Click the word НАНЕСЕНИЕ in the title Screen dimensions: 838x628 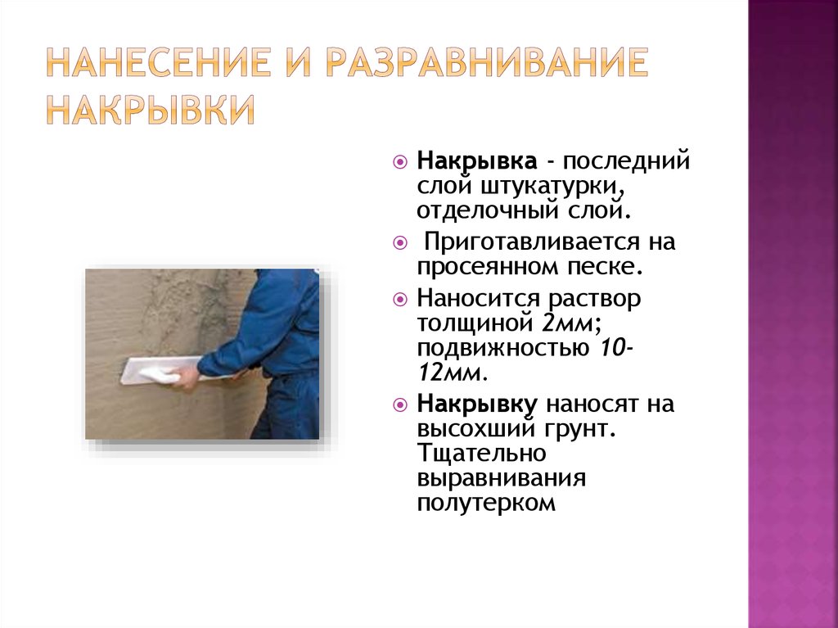coord(158,62)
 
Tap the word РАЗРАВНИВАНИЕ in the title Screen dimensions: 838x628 coord(487,62)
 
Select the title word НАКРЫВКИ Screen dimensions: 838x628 coord(151,110)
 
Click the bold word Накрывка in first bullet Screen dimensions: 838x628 coord(477,161)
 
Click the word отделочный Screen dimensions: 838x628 coord(488,210)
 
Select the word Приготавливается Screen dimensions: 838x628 coord(531,242)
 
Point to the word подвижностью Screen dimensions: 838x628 coord(503,349)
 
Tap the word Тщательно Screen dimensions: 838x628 coord(481,454)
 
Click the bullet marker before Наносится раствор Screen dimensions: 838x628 coord(399,299)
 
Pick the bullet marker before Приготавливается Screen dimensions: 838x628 coord(399,243)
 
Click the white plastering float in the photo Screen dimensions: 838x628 coord(155,369)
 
